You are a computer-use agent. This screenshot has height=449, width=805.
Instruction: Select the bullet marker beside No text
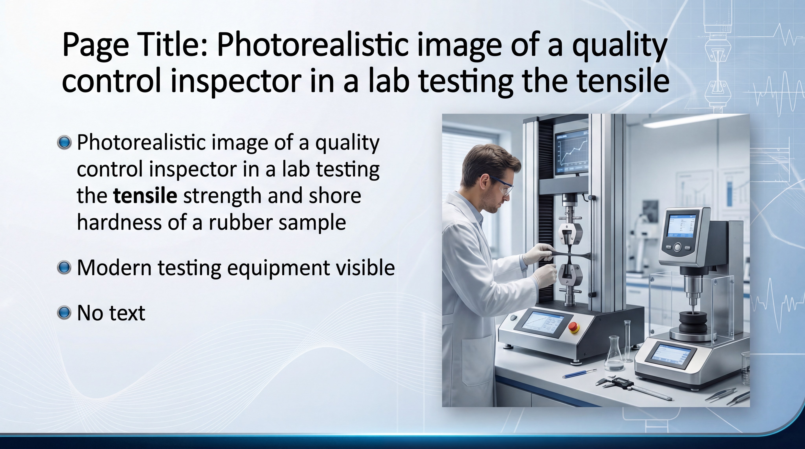click(x=64, y=313)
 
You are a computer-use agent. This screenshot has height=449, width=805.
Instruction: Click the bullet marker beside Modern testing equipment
click(x=64, y=268)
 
